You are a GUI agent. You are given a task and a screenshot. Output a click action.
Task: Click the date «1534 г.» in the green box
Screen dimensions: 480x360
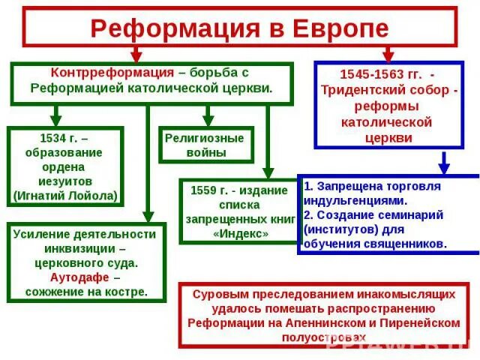58,139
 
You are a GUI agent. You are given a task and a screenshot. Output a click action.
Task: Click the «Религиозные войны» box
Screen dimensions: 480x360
205,145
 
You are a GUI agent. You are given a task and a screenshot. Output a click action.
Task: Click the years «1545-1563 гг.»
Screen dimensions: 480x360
379,74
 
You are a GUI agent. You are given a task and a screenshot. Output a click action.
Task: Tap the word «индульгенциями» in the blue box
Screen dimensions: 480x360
356,200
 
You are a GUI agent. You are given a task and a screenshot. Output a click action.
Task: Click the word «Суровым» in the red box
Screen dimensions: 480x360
217,293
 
